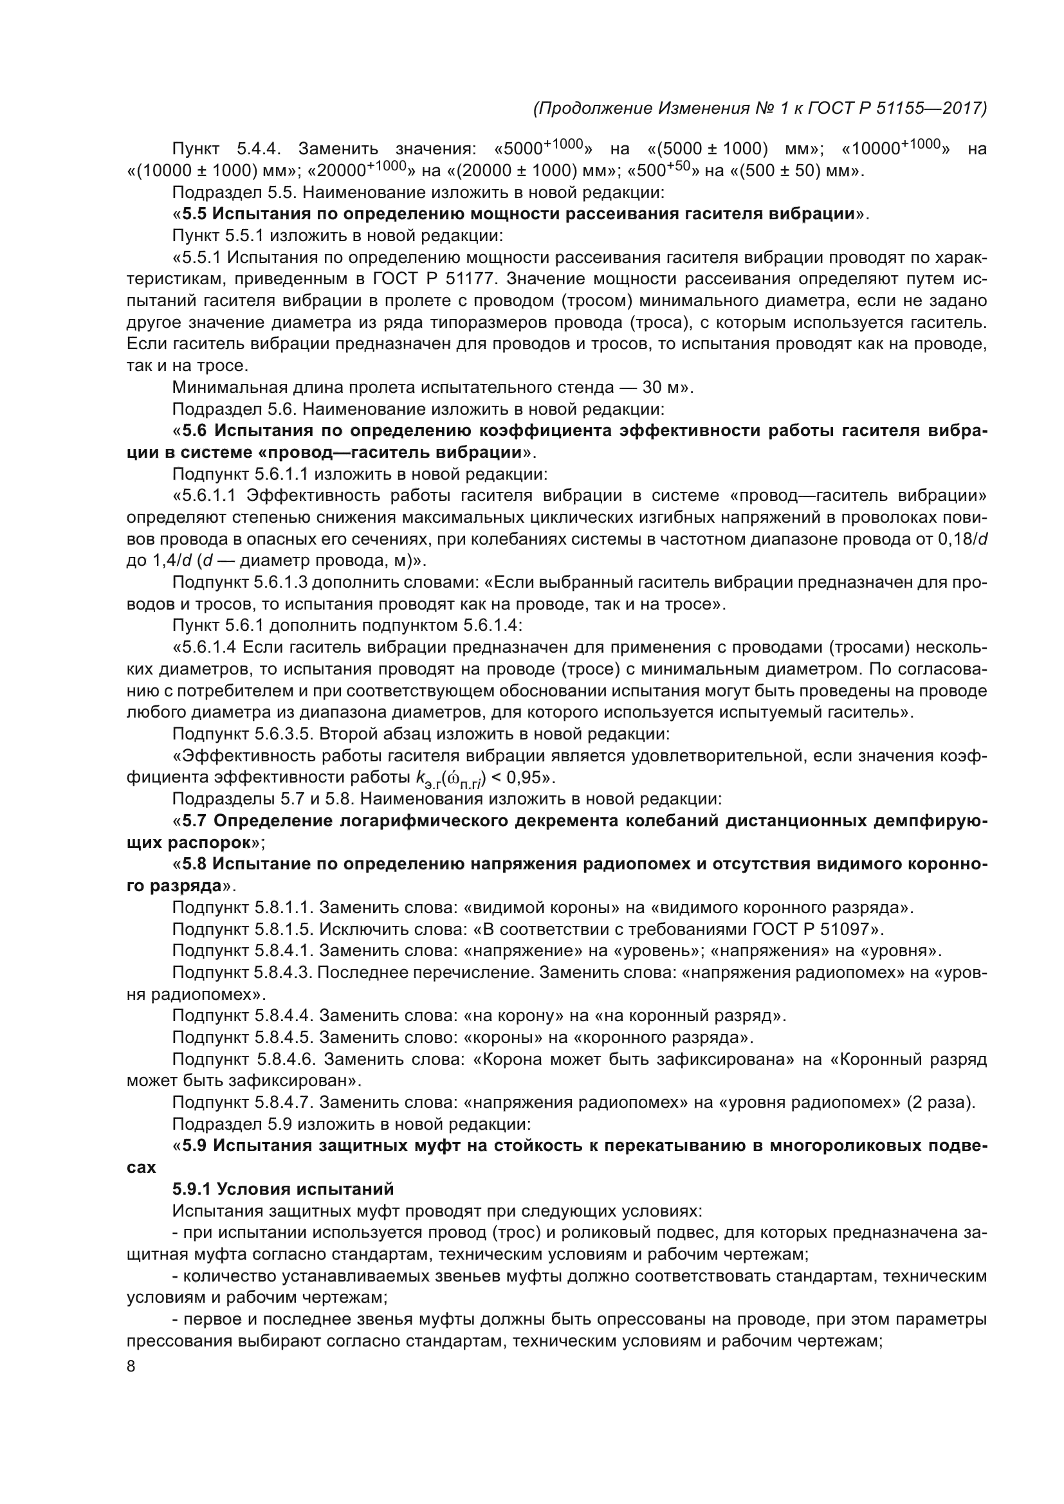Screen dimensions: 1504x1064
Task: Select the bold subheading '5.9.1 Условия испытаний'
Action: (283, 1189)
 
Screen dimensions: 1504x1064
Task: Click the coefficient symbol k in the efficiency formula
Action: (420, 777)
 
